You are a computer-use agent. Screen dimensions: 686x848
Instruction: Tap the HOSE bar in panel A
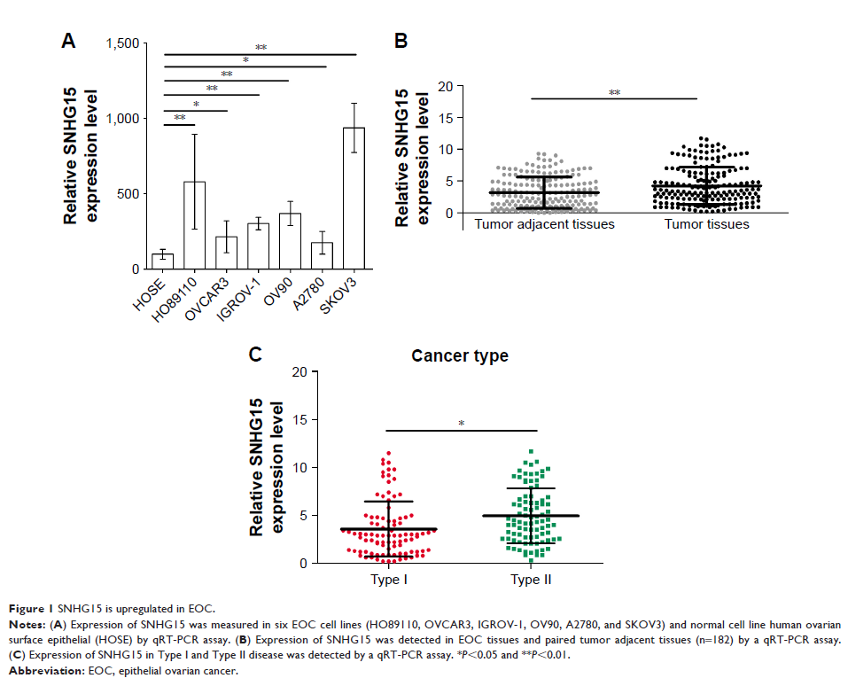coord(162,261)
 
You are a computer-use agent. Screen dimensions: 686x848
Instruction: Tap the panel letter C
coord(255,355)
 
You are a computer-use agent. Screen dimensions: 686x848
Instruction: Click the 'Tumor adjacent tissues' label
coord(544,225)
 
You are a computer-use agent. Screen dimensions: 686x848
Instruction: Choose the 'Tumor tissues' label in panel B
coord(706,225)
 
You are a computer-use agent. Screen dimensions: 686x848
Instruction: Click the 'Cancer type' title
coord(459,356)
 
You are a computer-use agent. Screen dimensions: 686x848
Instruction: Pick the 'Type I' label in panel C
coord(387,580)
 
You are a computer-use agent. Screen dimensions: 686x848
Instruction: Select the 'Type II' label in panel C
coord(531,580)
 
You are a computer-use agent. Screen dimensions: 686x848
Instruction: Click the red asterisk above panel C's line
coord(461,424)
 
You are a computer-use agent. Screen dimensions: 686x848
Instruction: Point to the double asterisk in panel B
coord(613,92)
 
